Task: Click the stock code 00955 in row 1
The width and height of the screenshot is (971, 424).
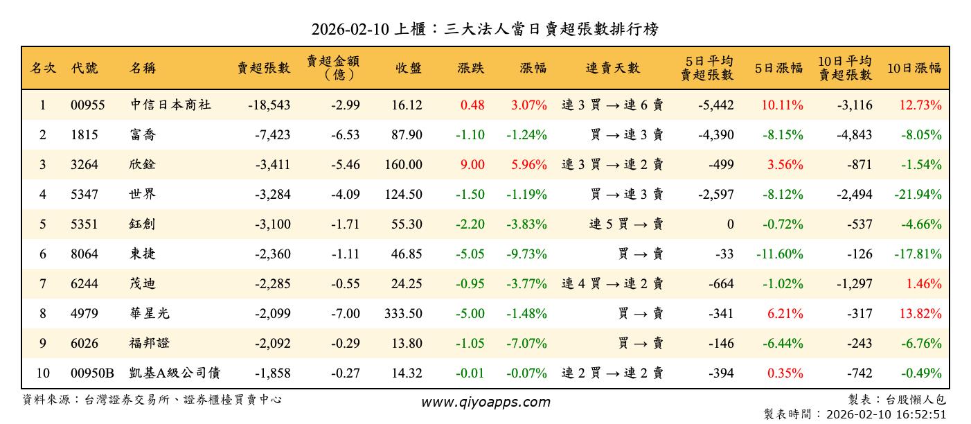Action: coord(88,105)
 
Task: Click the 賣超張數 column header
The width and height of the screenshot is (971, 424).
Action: coord(263,68)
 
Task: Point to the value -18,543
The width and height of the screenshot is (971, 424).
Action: coord(269,105)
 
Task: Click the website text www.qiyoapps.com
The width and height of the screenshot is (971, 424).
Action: coord(485,402)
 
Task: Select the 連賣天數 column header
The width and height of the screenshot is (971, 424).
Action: coord(613,68)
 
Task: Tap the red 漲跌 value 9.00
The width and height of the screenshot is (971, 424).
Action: coord(473,165)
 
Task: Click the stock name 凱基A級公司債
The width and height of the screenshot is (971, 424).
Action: coord(175,373)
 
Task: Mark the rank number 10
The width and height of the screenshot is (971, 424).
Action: coord(43,373)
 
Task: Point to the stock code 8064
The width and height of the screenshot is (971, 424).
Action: coord(84,254)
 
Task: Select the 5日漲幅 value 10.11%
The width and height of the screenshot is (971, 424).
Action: coord(782,105)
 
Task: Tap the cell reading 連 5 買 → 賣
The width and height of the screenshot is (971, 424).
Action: coord(626,224)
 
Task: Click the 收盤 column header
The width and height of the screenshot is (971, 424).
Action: coord(409,68)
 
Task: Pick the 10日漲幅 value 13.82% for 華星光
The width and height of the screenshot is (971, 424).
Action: coord(918,314)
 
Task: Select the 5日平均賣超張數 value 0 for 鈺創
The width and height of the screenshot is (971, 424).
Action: coord(729,224)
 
